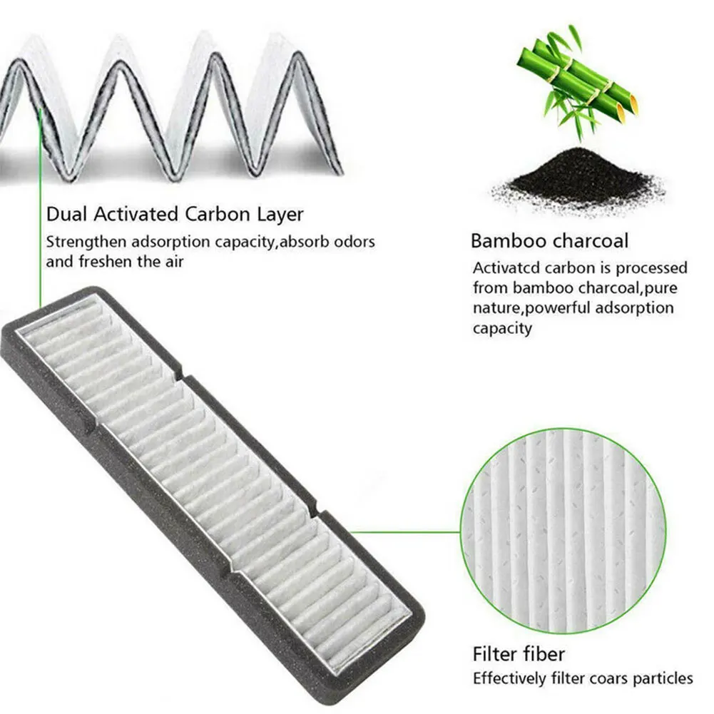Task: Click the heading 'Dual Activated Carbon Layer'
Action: (x=175, y=213)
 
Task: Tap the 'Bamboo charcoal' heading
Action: (x=549, y=240)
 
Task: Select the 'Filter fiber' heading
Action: (x=519, y=654)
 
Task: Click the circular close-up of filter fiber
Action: (x=564, y=531)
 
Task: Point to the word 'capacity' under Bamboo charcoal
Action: (x=502, y=329)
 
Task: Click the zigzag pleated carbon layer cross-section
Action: (x=171, y=107)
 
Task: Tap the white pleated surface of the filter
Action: (x=214, y=464)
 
